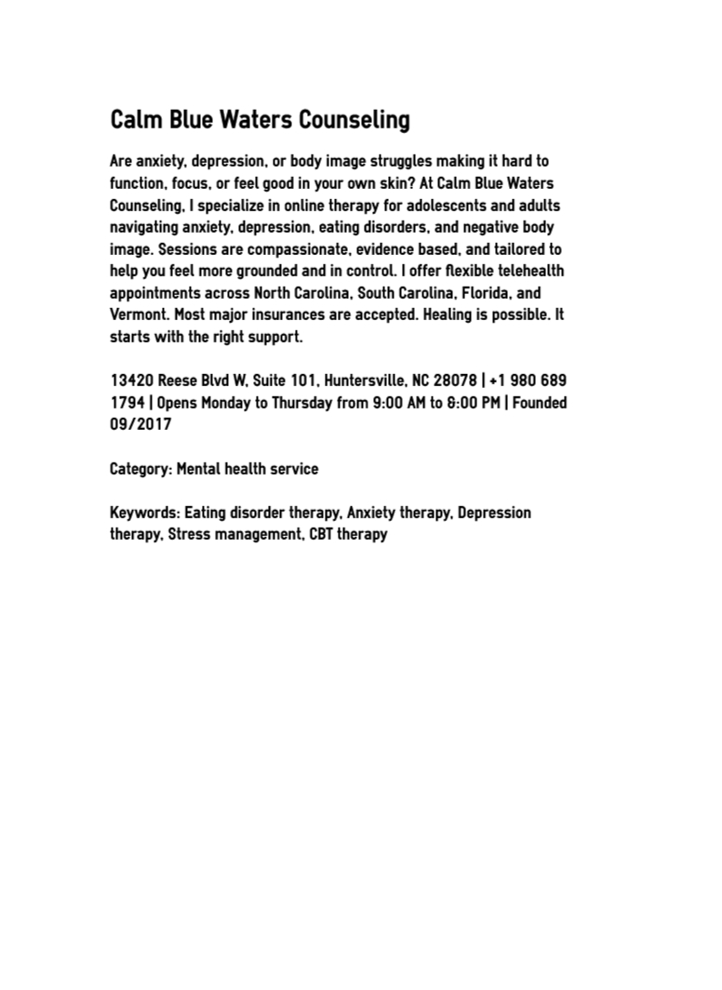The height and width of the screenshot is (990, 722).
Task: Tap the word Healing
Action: (x=450, y=315)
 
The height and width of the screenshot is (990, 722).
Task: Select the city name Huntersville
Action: (x=365, y=381)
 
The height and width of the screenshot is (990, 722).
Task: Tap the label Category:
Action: (x=140, y=469)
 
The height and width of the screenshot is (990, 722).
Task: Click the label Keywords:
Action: (x=144, y=513)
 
